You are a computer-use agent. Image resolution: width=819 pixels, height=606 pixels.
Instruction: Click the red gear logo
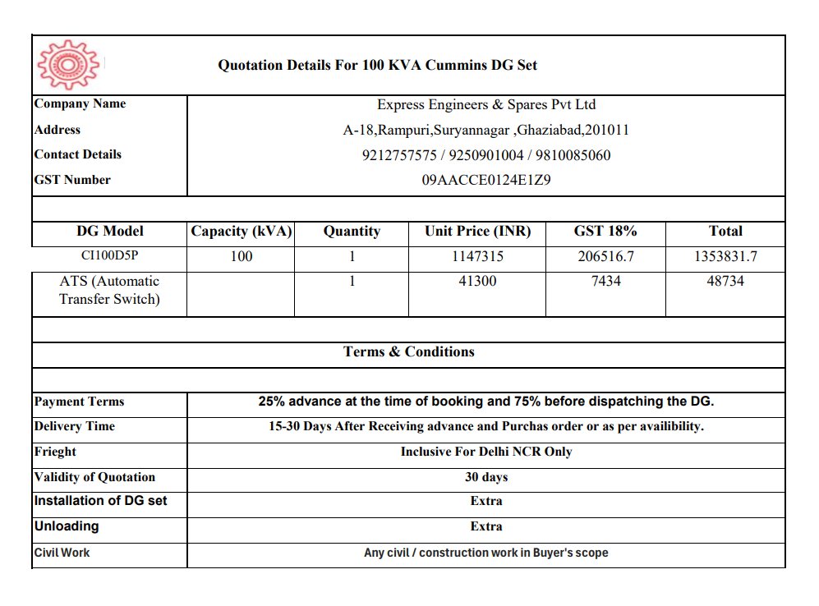coord(68,63)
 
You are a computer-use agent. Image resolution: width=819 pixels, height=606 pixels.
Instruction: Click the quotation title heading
coord(377,65)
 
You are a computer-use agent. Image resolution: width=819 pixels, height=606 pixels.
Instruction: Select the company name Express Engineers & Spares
coord(486,105)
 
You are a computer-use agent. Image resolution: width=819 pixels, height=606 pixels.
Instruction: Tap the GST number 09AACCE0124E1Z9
coord(486,180)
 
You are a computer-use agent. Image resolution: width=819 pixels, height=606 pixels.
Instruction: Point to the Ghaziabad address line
coord(486,130)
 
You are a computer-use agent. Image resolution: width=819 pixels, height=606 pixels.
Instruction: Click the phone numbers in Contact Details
coord(486,155)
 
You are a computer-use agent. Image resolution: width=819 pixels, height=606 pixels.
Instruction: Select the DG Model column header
coord(110,232)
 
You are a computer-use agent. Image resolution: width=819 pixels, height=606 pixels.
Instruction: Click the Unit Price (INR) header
coord(477,232)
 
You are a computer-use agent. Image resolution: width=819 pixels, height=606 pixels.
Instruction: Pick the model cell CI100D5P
coord(109,256)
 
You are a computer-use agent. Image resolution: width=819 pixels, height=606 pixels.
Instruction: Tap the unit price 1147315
coord(477,256)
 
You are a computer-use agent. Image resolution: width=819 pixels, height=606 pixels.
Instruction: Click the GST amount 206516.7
coord(605,256)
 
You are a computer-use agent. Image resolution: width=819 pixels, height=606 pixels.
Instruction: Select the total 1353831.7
coord(725,256)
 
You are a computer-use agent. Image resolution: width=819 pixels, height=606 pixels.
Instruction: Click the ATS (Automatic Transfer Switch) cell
coord(109,290)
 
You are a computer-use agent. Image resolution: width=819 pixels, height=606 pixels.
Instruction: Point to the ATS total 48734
coord(725,281)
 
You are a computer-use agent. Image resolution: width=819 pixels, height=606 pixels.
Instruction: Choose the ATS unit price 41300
coord(477,281)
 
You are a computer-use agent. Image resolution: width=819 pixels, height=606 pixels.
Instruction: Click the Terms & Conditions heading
coord(409,351)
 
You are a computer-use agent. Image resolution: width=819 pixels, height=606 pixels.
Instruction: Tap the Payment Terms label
coord(80,402)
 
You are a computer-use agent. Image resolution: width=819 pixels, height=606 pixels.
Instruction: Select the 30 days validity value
coord(486,477)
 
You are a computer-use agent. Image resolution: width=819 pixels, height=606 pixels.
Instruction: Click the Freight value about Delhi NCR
coord(486,452)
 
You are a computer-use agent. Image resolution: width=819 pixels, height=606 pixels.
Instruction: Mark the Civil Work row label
coord(62,553)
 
